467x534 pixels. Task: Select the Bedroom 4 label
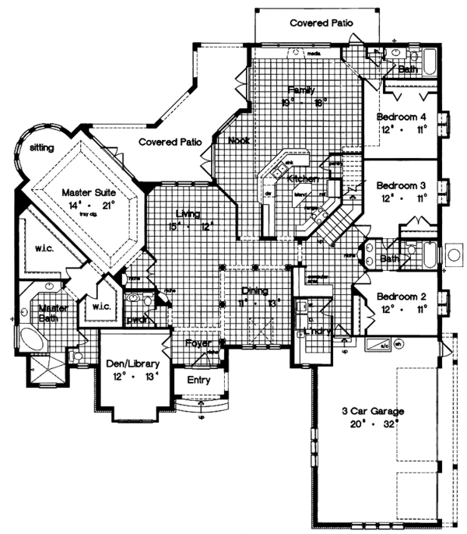point(401,117)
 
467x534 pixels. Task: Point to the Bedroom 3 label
point(401,186)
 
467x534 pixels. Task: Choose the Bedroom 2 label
point(401,296)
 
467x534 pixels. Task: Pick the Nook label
point(238,142)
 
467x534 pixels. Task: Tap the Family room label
point(300,90)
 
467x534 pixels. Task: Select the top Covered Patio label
point(321,23)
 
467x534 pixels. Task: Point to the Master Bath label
point(54,313)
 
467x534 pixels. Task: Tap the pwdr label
point(137,318)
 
